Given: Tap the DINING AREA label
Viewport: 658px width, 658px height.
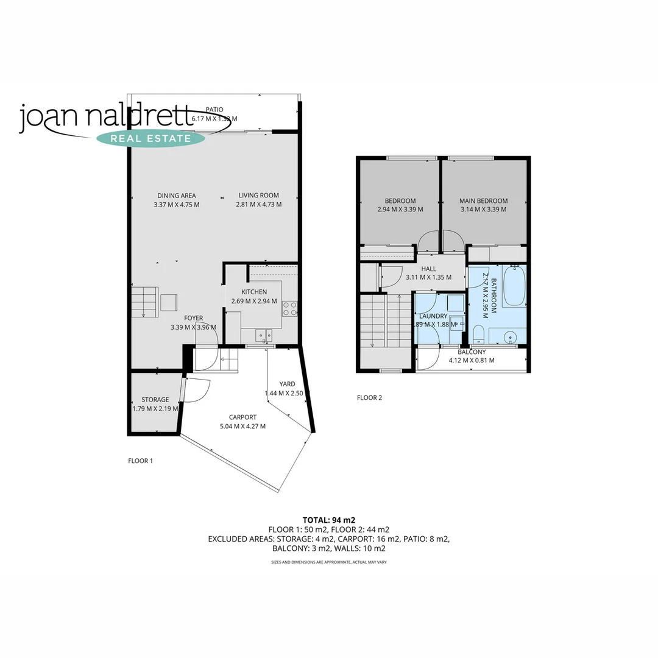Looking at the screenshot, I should click(176, 196).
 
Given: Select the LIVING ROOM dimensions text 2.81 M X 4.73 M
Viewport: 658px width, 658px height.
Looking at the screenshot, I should click(259, 205).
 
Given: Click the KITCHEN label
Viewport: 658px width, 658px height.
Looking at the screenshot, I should click(254, 292).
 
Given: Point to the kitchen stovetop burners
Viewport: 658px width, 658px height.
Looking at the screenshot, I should click(289, 308).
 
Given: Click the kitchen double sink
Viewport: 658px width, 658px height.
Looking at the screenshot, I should click(264, 334).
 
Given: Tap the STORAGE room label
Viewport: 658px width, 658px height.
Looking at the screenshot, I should click(155, 400).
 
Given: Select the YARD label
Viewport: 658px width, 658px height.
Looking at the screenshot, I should click(287, 384).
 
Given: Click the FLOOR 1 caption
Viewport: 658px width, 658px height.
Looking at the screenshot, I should click(140, 461).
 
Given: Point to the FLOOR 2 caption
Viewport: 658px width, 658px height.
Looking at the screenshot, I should click(369, 398).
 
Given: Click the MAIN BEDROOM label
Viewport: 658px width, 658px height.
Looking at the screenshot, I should click(484, 201).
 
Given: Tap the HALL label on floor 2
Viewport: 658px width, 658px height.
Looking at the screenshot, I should click(428, 269).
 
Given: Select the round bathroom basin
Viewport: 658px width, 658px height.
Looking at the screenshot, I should click(511, 336).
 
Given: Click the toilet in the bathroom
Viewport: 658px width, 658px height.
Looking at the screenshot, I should click(478, 334).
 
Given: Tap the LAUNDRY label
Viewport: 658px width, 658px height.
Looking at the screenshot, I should click(433, 316).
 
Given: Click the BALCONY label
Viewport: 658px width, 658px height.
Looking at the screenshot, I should click(472, 352).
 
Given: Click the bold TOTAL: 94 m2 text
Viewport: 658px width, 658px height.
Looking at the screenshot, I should click(329, 520).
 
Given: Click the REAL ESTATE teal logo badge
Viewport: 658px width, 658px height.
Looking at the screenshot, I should click(151, 138).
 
